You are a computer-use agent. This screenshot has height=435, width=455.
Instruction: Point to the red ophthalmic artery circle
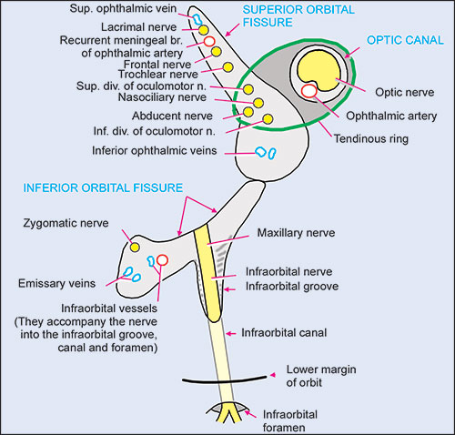(309, 90)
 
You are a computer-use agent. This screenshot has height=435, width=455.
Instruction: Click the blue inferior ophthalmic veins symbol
(264, 152)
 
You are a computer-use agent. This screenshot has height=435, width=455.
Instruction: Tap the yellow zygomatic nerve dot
(135, 247)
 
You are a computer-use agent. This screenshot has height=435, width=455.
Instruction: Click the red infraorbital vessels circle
(162, 261)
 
